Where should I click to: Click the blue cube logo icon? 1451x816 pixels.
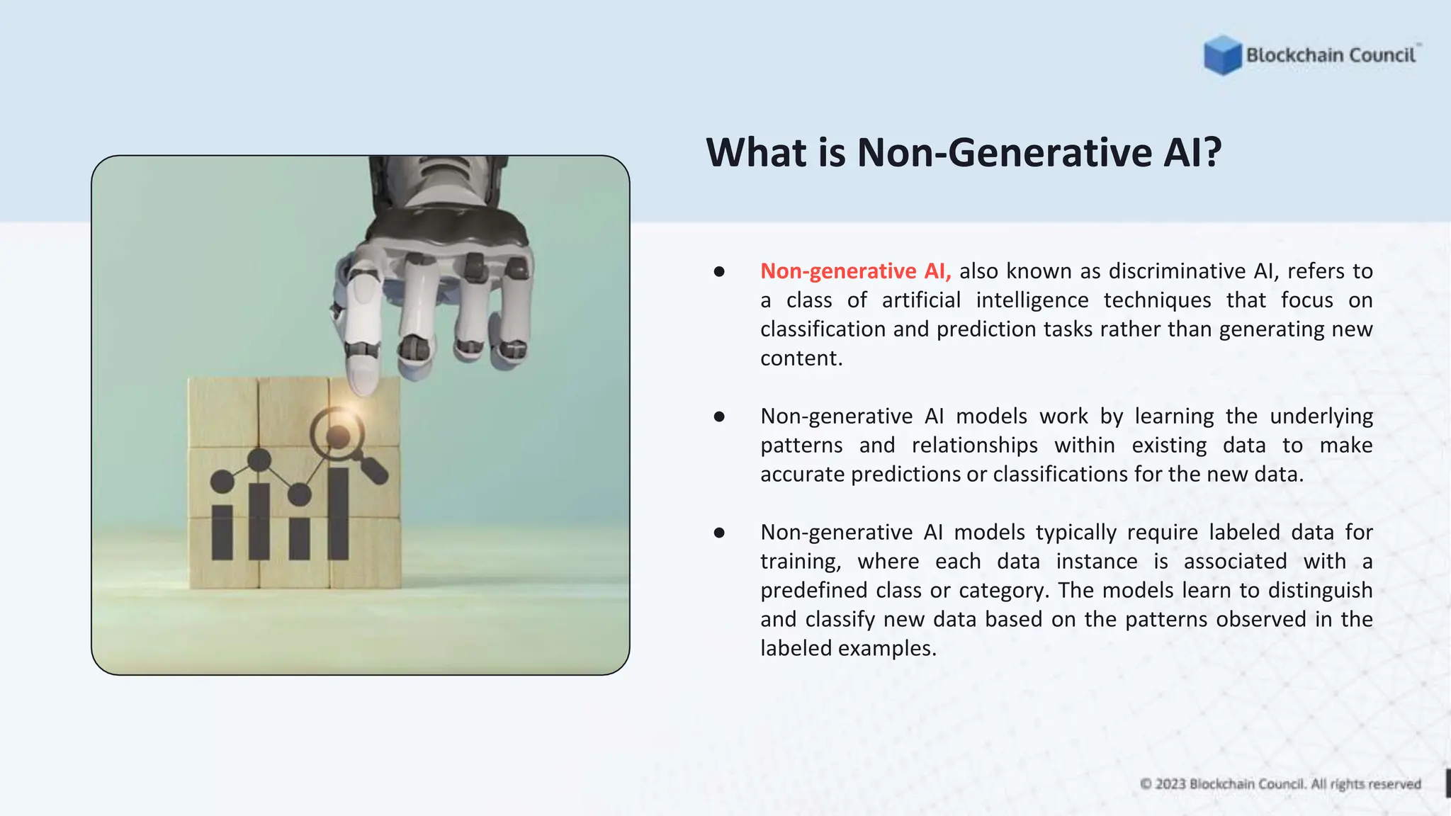pos(1222,55)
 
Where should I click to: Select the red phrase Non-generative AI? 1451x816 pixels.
pos(855,271)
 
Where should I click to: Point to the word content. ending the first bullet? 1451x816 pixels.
pos(801,358)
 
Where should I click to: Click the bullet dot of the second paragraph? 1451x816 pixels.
pos(719,416)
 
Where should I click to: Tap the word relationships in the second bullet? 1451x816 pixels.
pos(974,446)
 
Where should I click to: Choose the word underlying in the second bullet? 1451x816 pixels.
pos(1321,416)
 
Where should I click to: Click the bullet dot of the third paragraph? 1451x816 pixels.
pos(719,533)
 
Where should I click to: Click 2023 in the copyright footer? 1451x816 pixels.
pos(1170,784)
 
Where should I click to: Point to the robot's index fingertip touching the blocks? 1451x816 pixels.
pos(363,382)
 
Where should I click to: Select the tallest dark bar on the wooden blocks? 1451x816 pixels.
pos(338,514)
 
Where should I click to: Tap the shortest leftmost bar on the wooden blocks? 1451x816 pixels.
pos(222,533)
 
